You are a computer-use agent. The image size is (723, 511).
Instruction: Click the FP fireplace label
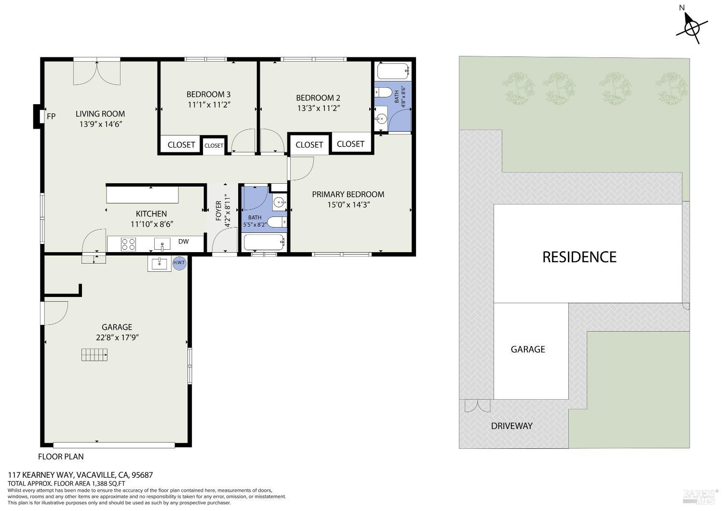click(x=51, y=116)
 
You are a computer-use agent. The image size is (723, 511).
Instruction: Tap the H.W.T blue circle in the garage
click(x=179, y=263)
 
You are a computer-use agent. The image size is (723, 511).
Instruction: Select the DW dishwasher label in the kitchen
click(x=183, y=242)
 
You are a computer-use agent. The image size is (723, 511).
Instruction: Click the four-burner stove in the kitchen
click(x=128, y=244)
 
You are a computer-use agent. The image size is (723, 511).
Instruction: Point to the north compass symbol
click(x=691, y=27)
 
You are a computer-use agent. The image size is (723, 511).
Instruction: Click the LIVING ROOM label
click(x=100, y=114)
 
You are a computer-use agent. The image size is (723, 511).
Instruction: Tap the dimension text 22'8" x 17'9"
click(x=117, y=337)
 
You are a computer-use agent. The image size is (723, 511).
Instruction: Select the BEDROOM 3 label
click(x=209, y=94)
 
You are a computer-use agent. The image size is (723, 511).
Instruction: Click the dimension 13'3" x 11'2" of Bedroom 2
click(x=319, y=108)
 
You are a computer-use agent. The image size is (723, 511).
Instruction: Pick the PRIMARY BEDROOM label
click(x=348, y=194)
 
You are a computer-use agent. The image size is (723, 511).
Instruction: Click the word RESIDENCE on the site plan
click(x=579, y=257)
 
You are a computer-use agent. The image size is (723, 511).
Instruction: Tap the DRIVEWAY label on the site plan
click(x=511, y=426)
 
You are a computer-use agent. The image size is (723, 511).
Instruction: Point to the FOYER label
click(x=218, y=211)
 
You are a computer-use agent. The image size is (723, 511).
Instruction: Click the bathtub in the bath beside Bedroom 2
click(x=393, y=71)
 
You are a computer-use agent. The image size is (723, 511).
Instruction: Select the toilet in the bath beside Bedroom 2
click(x=383, y=93)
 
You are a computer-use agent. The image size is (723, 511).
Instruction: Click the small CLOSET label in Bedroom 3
click(x=214, y=146)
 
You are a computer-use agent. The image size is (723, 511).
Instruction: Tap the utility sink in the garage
click(x=159, y=263)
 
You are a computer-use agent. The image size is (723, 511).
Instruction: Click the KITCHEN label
click(x=151, y=214)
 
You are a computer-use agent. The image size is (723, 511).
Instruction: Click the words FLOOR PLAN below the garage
click(x=61, y=457)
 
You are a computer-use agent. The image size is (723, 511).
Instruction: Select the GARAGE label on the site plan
click(x=528, y=350)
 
